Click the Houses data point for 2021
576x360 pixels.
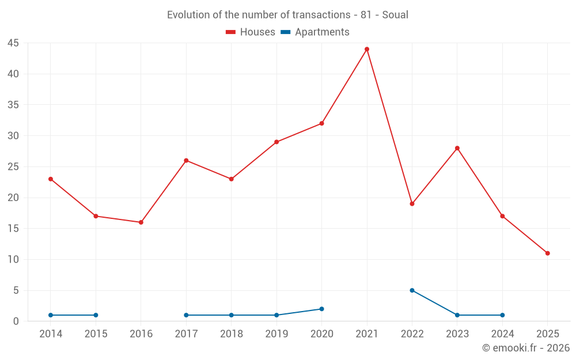(x=367, y=49)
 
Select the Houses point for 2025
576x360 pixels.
(x=548, y=253)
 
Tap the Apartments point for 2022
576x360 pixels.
(x=412, y=290)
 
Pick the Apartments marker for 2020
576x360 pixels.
(x=321, y=309)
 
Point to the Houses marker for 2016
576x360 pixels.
(x=141, y=222)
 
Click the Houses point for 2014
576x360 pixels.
(x=51, y=179)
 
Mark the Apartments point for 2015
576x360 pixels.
(x=96, y=315)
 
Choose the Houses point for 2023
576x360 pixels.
(x=457, y=148)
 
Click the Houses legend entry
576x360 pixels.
(x=251, y=32)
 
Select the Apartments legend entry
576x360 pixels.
(x=315, y=32)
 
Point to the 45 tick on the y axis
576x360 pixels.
(x=13, y=43)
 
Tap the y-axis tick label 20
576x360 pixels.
(x=13, y=198)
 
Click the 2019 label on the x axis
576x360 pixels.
(x=276, y=334)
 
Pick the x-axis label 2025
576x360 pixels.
(x=548, y=334)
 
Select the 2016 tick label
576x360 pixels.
(x=141, y=334)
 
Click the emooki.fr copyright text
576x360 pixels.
(x=526, y=348)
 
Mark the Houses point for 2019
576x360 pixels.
(x=276, y=142)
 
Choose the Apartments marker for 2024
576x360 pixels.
(x=502, y=315)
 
